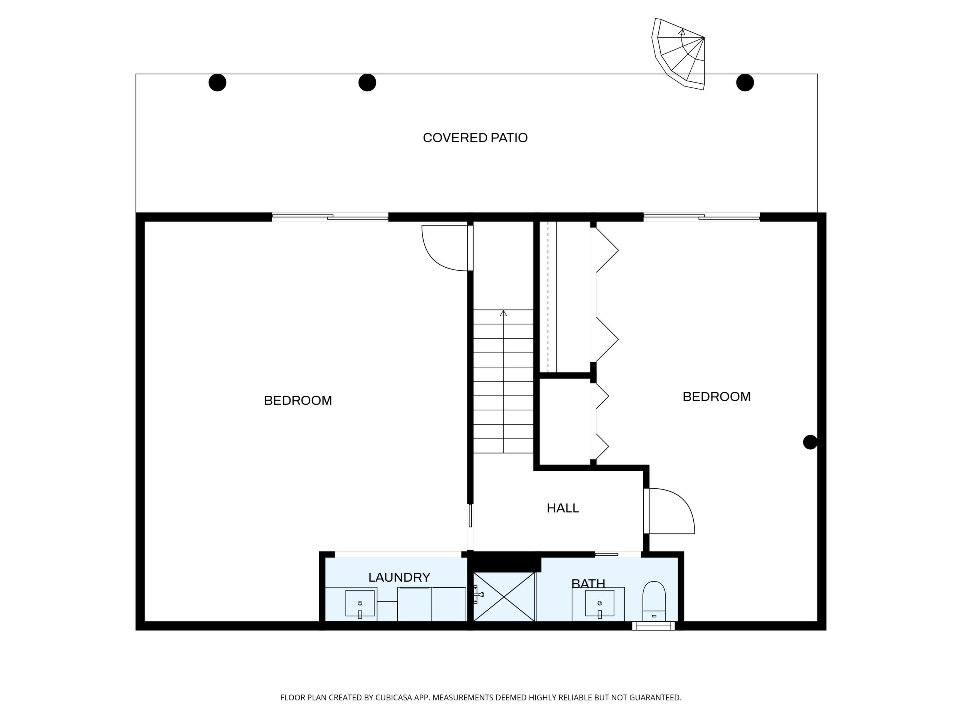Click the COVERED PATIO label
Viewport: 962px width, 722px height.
tap(475, 138)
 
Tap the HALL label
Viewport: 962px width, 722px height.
tap(563, 508)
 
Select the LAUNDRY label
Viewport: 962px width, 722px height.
tap(399, 577)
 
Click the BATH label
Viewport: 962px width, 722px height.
tap(588, 584)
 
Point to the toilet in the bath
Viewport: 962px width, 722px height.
tap(654, 601)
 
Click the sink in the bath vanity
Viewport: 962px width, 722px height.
tap(600, 603)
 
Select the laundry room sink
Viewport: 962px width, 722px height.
tap(360, 603)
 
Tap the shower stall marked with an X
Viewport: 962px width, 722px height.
tap(504, 597)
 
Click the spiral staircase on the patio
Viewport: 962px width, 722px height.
tap(678, 54)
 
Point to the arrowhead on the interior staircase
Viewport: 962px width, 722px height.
tap(504, 313)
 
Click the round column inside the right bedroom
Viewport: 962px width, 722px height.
tap(810, 442)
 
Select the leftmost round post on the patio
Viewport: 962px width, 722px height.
tap(217, 82)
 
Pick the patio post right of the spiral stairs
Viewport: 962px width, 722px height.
tap(745, 82)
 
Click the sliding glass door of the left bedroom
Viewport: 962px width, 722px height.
tap(330, 216)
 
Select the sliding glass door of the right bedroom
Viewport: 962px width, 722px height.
tap(701, 216)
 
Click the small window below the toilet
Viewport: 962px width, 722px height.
tap(653, 626)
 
